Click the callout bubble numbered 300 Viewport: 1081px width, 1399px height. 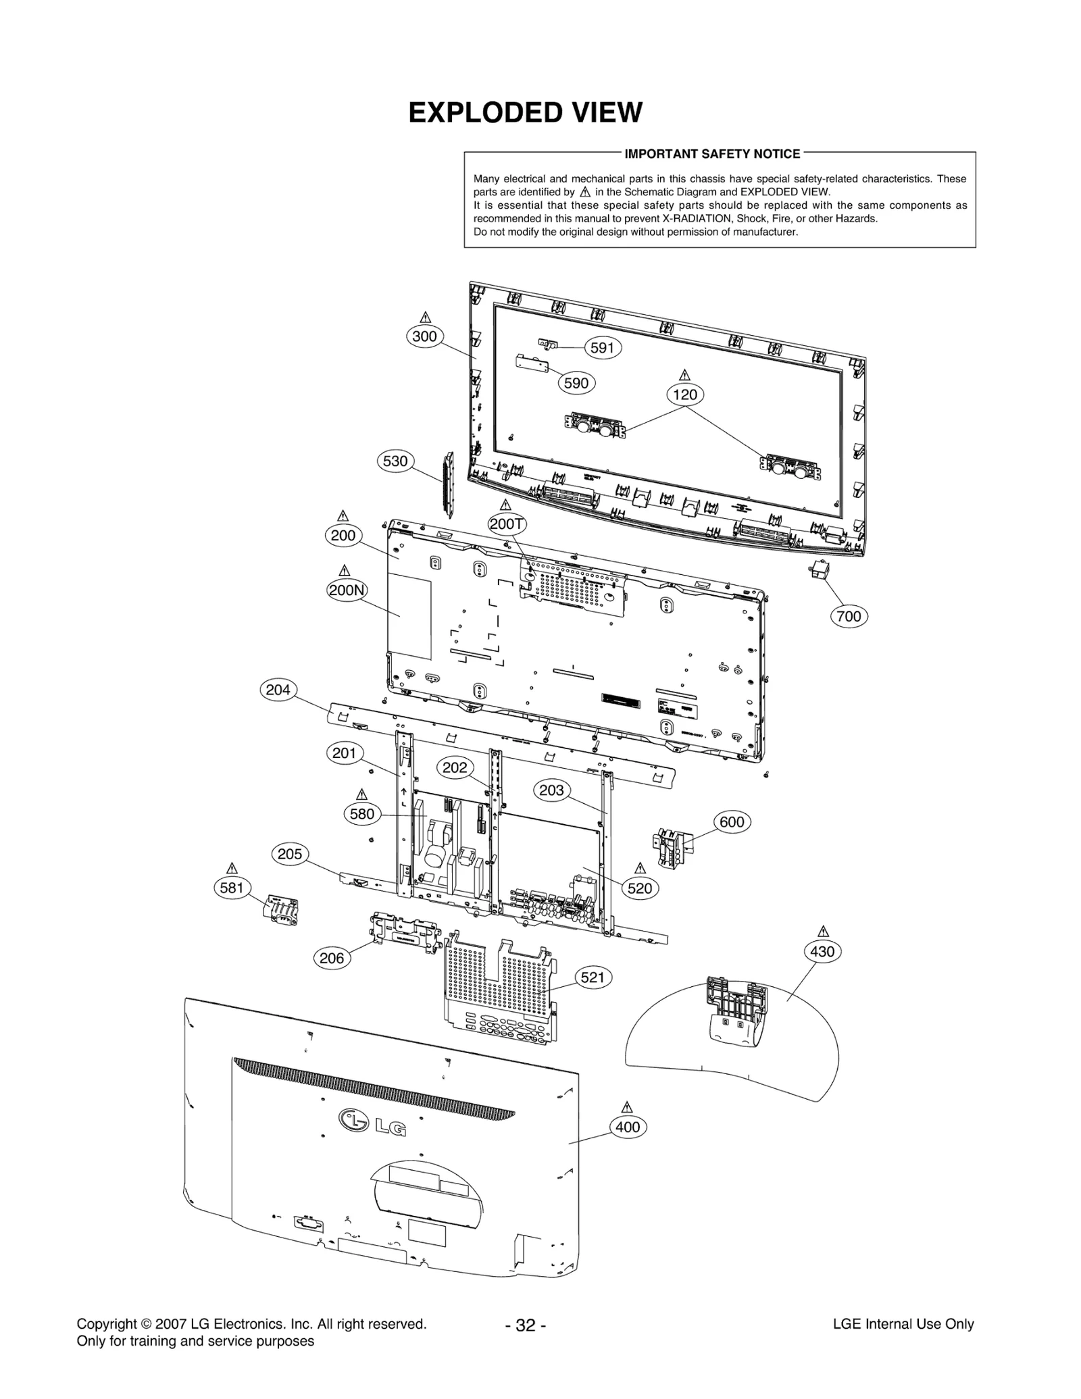click(424, 336)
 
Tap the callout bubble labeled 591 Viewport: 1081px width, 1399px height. click(602, 347)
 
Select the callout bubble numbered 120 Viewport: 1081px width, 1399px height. click(685, 395)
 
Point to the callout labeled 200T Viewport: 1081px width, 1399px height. click(507, 524)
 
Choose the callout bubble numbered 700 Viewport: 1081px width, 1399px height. click(849, 616)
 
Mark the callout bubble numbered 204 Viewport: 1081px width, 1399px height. click(278, 690)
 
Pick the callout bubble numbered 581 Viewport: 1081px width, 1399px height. click(232, 888)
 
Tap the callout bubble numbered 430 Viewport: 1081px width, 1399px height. click(822, 952)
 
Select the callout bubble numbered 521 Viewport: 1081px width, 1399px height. click(593, 977)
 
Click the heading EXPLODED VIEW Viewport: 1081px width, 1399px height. click(525, 113)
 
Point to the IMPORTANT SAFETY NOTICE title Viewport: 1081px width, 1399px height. click(712, 154)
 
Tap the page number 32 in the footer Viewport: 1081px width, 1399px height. click(525, 1325)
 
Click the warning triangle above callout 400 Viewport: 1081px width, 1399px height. click(626, 1107)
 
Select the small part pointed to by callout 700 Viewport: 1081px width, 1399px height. click(818, 571)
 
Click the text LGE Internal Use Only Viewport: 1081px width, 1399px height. click(903, 1324)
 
